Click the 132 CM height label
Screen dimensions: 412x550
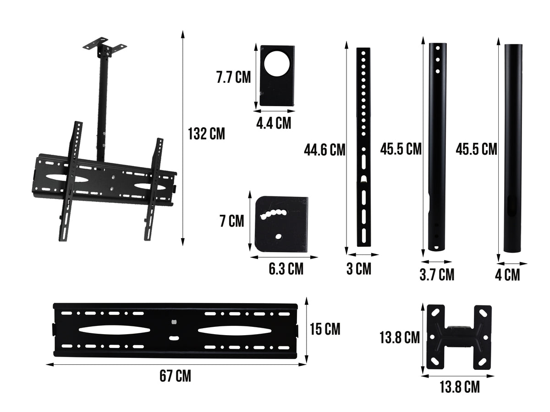(206, 134)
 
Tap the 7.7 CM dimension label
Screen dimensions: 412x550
(233, 77)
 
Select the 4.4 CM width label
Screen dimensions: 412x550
(274, 123)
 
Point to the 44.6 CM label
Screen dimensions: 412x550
(324, 150)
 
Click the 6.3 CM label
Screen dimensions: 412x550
(286, 269)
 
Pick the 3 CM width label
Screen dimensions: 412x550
(358, 269)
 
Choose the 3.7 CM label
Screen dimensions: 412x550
(437, 275)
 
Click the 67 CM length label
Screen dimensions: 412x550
(176, 376)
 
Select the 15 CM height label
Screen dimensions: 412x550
(325, 329)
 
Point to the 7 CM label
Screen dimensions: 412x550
(231, 222)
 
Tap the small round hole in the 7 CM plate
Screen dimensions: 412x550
(278, 237)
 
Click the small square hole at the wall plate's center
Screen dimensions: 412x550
(174, 322)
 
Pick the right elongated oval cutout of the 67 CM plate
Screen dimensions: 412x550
(234, 330)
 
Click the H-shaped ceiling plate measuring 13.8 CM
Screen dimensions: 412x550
(459, 337)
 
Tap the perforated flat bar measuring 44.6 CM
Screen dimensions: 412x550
(363, 146)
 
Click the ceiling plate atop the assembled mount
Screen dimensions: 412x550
(104, 46)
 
